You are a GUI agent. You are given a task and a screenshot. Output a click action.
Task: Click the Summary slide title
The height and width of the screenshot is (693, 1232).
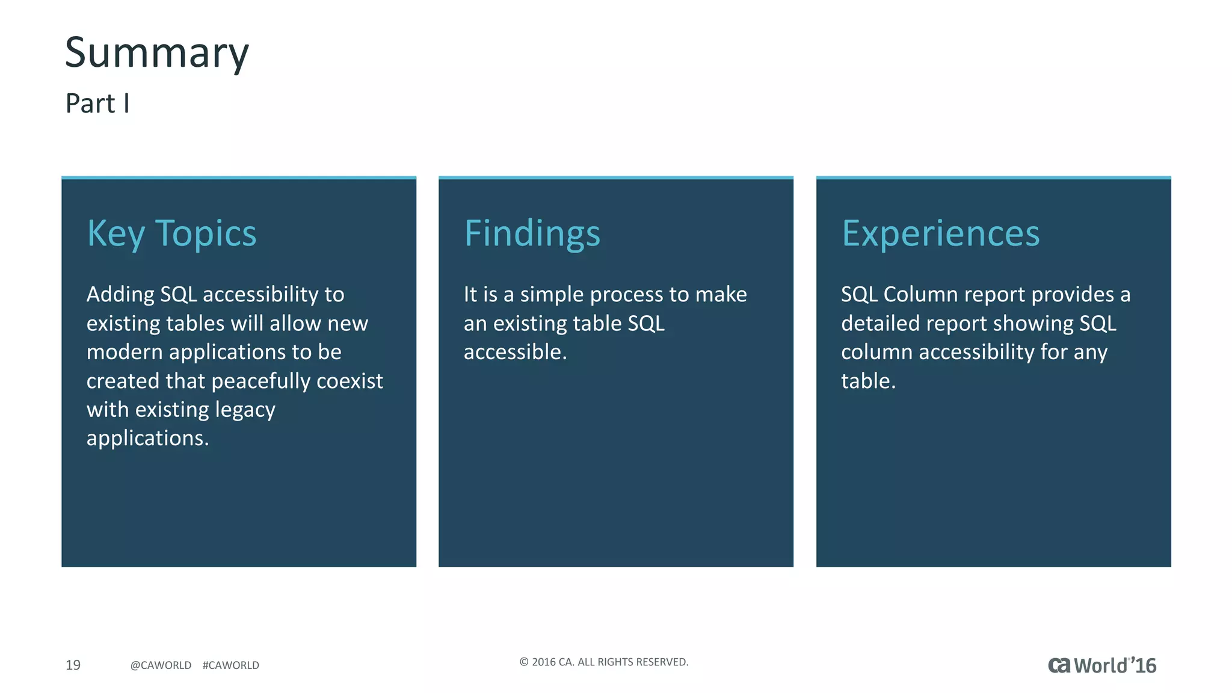156,53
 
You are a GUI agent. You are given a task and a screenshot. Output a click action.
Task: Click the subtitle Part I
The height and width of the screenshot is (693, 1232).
97,103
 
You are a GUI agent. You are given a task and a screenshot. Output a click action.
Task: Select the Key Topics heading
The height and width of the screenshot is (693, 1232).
171,233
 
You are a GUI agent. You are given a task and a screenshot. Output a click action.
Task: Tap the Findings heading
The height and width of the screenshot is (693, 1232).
532,233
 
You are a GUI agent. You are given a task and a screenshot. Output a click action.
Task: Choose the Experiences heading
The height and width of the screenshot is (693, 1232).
940,233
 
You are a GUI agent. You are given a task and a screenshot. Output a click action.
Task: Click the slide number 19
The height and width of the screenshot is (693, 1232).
73,665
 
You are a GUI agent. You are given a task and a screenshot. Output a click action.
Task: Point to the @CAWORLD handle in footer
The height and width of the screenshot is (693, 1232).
161,665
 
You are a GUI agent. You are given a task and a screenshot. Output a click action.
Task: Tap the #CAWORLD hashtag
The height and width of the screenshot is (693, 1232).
231,665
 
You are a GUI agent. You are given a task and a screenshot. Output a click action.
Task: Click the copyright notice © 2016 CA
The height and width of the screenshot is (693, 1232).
603,662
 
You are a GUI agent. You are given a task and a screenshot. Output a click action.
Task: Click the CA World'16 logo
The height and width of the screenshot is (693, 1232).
1102,665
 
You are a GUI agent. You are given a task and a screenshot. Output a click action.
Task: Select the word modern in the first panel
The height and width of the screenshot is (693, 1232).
125,353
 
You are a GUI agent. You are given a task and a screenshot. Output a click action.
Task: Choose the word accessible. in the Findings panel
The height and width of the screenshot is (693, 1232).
515,353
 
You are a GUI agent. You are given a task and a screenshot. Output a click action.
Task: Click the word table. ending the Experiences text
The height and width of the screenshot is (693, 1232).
868,381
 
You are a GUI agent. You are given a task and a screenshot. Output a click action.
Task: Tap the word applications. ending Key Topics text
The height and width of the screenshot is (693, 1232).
147,439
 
